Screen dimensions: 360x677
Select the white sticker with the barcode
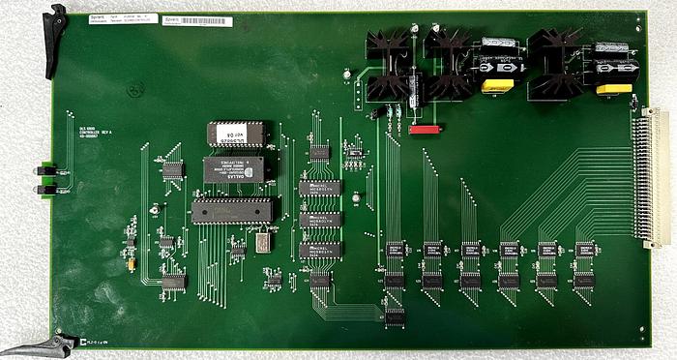pos(185,20)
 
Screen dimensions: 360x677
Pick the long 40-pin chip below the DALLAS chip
pos(231,209)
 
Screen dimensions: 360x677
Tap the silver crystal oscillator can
pos(262,242)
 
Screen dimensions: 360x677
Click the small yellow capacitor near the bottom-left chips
pos(129,260)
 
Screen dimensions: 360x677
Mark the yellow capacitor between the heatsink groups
pos(496,86)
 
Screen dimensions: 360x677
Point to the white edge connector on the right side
pos(655,176)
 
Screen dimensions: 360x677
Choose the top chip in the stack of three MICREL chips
pos(319,188)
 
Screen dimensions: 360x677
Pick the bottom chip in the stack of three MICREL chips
pos(319,250)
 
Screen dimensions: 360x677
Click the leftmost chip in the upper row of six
pos(395,250)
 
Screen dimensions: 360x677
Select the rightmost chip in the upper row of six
pos(584,250)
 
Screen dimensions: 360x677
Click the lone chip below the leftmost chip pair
pos(395,315)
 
